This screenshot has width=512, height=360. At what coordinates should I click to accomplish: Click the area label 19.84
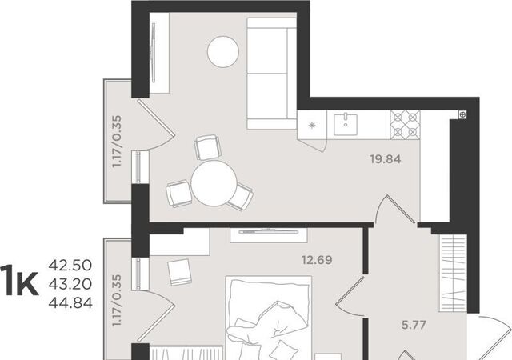point(386,159)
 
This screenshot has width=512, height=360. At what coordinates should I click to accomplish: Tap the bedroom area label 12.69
point(317,260)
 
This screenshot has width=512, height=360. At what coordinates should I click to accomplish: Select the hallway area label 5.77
point(414,325)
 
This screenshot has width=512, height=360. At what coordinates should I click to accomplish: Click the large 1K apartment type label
point(19,282)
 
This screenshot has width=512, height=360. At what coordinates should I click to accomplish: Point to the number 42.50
point(70,266)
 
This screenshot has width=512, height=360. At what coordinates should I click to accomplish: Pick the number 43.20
point(70,284)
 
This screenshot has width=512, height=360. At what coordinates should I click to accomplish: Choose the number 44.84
point(70,303)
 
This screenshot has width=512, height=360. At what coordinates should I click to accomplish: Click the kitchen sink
point(345,124)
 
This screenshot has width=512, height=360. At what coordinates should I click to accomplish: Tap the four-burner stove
point(405,125)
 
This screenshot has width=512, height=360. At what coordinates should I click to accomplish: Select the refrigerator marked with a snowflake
point(312,125)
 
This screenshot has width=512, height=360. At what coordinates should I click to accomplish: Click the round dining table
point(214,183)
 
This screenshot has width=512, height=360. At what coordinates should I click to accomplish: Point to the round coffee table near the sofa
point(223,52)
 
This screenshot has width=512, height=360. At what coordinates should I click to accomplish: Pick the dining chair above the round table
point(208,147)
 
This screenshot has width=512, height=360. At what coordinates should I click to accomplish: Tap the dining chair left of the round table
point(178,194)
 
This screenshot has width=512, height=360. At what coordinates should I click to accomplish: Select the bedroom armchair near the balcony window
point(179,273)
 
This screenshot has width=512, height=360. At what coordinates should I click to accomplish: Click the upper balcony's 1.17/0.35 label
point(117,141)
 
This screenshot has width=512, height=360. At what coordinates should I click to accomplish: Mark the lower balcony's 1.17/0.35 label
point(117,300)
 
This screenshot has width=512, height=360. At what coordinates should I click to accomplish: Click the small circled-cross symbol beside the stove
point(462,114)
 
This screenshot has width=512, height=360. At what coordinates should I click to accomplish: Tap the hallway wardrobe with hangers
point(453,273)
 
